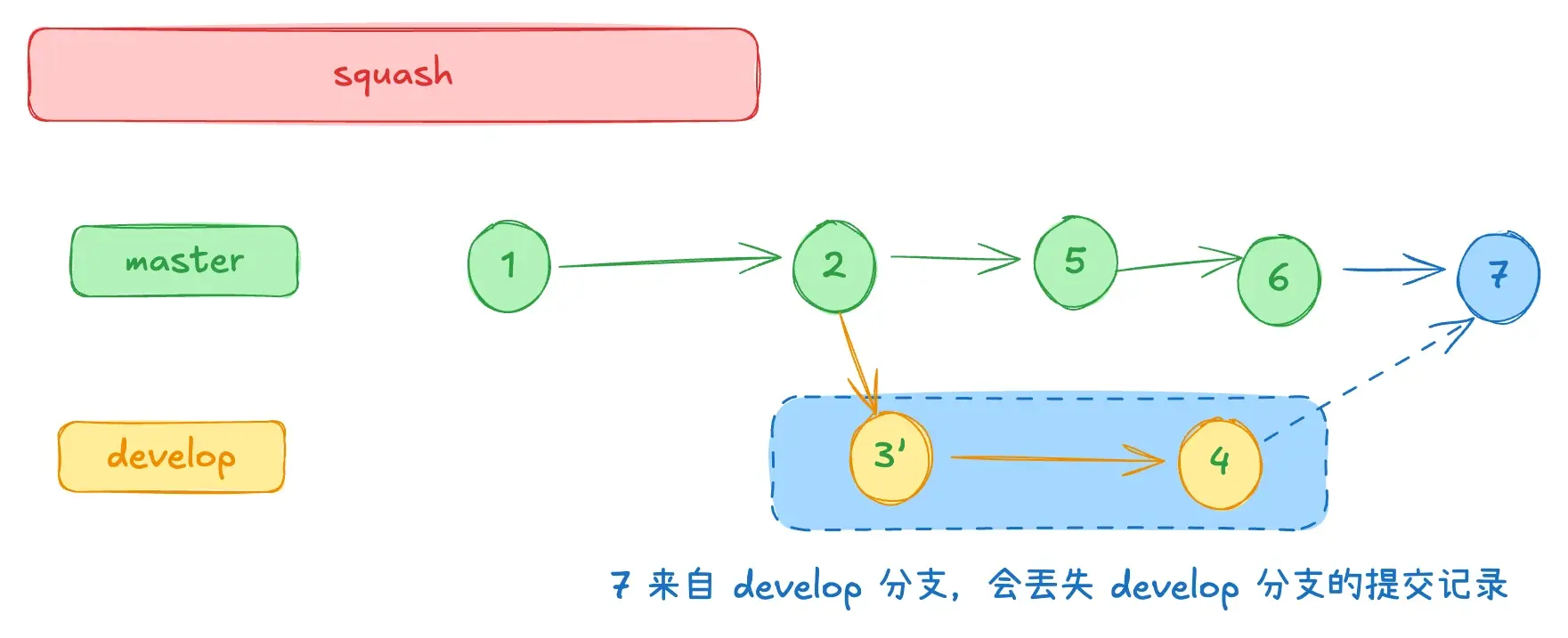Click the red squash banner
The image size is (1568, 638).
pos(393,75)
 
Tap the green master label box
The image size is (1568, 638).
pos(184,261)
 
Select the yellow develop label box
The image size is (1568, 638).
pos(171,456)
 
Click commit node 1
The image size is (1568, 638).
pos(508,266)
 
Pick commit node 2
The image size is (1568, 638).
pos(833,265)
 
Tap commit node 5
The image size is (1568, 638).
pos(1075,262)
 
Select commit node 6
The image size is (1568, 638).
pos(1279,279)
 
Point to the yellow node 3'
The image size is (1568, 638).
pos(890,457)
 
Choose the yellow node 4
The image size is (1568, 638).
pos(1220,462)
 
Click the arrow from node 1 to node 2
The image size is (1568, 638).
pos(668,261)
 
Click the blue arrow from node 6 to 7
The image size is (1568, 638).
pos(1393,269)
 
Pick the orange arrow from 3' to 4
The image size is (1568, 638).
pos(1055,459)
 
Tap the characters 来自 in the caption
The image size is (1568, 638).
pos(680,586)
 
